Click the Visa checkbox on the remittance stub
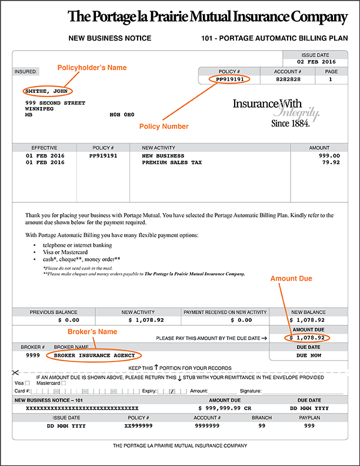[x=28, y=383]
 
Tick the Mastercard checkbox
[x=64, y=383]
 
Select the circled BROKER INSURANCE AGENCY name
[x=94, y=355]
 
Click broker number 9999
[x=33, y=355]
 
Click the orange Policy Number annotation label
[x=164, y=127]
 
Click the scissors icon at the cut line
[x=15, y=372]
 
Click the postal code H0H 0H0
[x=122, y=115]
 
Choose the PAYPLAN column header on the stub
[x=309, y=418]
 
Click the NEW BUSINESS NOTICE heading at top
[x=110, y=38]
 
